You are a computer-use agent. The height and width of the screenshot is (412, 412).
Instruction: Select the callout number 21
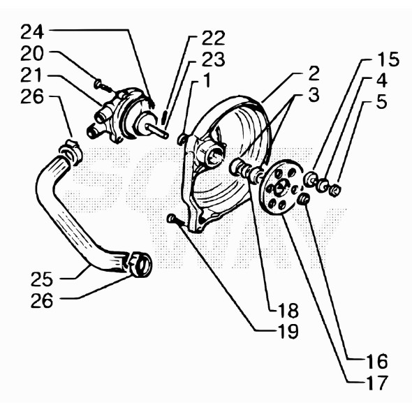pyautogui.click(x=31, y=75)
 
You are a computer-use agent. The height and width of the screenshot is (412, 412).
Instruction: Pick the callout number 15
pyautogui.click(x=389, y=59)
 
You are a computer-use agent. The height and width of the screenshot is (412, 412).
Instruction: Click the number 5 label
pyautogui.click(x=381, y=103)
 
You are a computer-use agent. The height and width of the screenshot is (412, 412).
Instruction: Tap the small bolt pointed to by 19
pyautogui.click(x=172, y=220)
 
